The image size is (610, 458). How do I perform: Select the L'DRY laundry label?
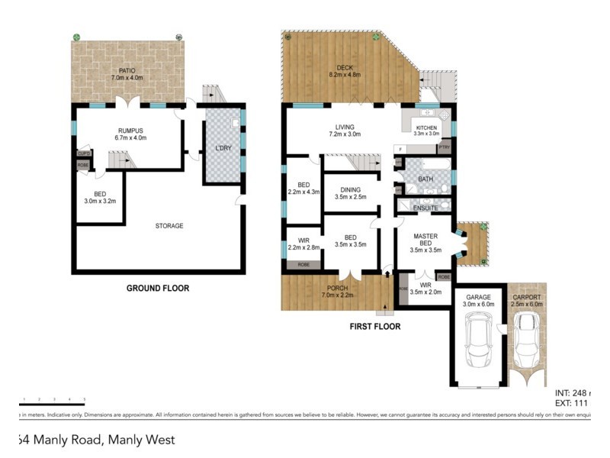click(223, 147)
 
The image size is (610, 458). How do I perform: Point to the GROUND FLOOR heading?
click(158, 289)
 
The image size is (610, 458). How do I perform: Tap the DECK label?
click(343, 70)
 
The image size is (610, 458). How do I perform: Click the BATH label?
click(425, 180)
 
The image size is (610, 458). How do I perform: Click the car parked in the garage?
click(477, 344)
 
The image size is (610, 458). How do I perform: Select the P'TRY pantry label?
click(443, 148)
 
